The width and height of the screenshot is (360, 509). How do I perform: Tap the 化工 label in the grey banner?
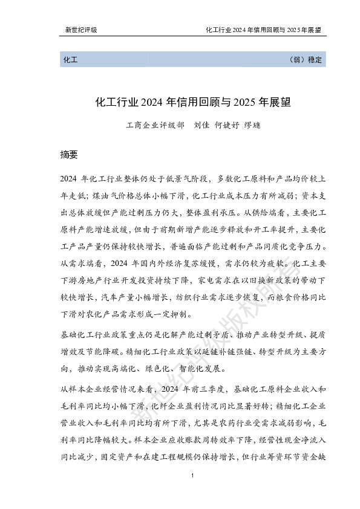point(68,60)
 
